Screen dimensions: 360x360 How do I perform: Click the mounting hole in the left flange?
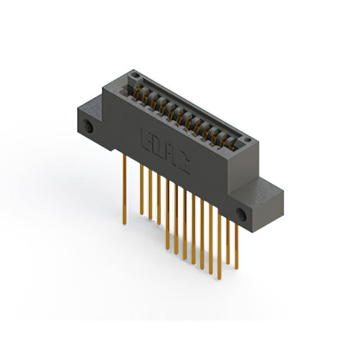tap(88, 127)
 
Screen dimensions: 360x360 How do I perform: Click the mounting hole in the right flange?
tap(242, 214)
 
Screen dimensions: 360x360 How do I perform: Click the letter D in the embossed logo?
tap(155, 146)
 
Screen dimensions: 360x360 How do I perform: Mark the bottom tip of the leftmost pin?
tap(125, 224)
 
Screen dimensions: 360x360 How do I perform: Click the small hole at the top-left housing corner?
tap(133, 74)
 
